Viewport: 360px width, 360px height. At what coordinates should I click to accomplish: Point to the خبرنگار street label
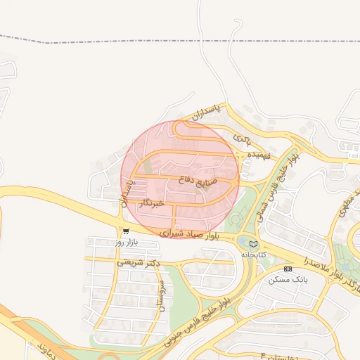tap(152, 203)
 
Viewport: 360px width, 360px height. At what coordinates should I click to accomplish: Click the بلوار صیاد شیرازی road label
tap(189, 231)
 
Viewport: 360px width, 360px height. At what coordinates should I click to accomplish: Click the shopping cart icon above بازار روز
tap(125, 231)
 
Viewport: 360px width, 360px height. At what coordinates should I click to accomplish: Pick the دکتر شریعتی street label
tap(138, 262)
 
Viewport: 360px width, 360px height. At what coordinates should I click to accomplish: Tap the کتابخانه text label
tap(254, 255)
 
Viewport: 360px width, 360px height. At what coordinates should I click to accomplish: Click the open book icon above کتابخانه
tap(254, 243)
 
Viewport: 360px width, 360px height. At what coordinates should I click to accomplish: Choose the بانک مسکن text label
tap(288, 279)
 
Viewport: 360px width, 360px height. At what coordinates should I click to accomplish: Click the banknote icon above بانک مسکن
tap(288, 269)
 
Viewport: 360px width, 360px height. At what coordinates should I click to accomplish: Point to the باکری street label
tap(241, 136)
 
